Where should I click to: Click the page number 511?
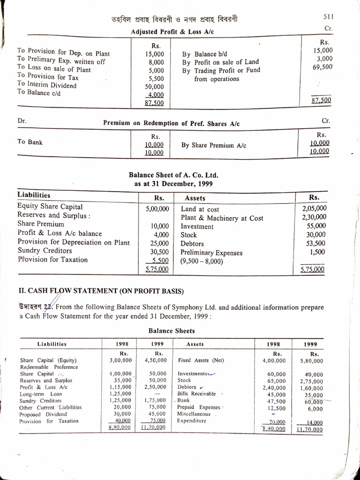point(328,16)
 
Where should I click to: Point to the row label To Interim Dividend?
point(47,85)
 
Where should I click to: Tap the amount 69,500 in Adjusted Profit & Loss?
point(322,67)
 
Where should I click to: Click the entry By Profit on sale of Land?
point(220,62)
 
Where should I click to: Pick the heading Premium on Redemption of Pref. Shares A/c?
point(171,123)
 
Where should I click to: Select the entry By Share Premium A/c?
point(214,145)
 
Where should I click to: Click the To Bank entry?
point(30,142)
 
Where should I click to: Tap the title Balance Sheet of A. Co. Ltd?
point(173,175)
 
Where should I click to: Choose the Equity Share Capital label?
point(50,206)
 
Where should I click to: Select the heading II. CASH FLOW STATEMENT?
point(100,291)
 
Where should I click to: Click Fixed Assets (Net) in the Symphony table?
point(202,361)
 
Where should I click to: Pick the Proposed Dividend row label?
point(43,414)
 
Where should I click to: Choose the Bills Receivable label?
point(197,394)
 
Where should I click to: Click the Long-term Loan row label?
point(41,394)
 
